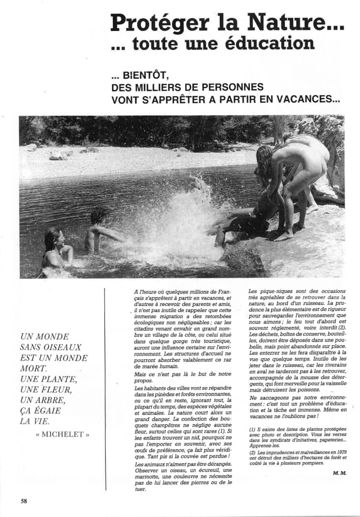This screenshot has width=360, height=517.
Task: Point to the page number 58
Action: coord(24,501)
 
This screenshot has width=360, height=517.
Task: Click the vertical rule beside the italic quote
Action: coord(105,377)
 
